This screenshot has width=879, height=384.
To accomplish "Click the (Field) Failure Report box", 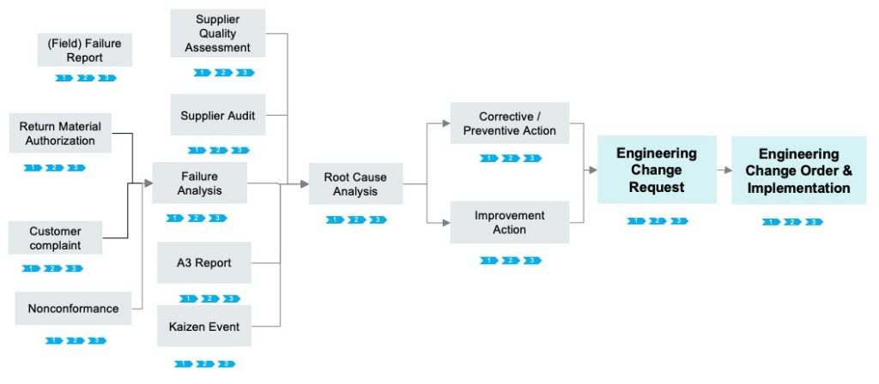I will (x=84, y=50).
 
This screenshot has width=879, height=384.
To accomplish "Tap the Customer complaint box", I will (x=55, y=237).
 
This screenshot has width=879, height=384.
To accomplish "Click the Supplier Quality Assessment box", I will (x=217, y=33).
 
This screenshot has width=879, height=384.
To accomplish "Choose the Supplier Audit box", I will (x=217, y=116).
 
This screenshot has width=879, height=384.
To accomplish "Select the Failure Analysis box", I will (x=199, y=183).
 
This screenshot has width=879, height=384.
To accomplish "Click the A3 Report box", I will (x=204, y=262).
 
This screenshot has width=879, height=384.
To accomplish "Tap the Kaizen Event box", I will (x=204, y=326).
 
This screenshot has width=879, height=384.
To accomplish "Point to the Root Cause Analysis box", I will (x=355, y=183).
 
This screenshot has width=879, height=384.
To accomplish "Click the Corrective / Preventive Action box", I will (x=510, y=123).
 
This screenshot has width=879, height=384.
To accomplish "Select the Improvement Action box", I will (x=510, y=223).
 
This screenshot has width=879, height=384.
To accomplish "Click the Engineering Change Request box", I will (x=657, y=169).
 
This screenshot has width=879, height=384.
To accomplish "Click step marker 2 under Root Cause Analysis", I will (x=356, y=220).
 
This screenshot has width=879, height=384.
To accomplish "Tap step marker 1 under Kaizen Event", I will (x=183, y=363).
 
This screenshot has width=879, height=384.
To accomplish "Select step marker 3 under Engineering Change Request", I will (x=678, y=221).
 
